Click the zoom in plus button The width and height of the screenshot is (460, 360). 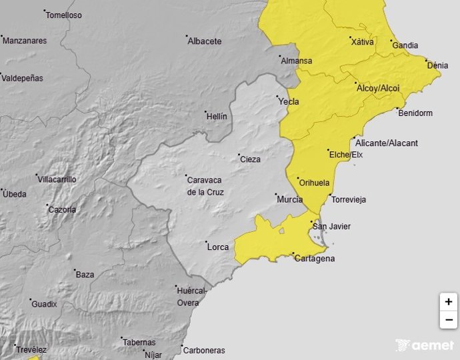click(x=449, y=302)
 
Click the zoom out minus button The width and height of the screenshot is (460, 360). click(x=449, y=320)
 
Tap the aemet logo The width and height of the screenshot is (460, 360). click(x=425, y=345)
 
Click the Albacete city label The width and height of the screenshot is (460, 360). click(x=204, y=41)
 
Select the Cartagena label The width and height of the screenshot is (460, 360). click(x=315, y=259)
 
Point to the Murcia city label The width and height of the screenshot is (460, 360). click(x=289, y=200)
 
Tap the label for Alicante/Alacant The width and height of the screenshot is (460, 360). click(x=387, y=143)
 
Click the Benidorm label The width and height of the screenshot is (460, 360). click(x=415, y=113)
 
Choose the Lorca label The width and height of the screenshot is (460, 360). click(x=218, y=247)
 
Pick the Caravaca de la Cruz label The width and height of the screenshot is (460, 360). click(x=205, y=187)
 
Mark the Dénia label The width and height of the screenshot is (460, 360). click(x=437, y=66)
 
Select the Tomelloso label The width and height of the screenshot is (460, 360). click(x=65, y=15)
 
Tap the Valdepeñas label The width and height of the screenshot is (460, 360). click(x=23, y=79)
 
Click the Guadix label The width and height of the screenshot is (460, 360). click(x=44, y=305)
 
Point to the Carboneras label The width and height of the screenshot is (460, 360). click(x=204, y=351)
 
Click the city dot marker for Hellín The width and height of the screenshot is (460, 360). click(x=206, y=112)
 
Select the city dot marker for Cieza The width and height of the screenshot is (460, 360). click(x=239, y=155)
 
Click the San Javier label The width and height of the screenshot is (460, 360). click(x=331, y=227)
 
